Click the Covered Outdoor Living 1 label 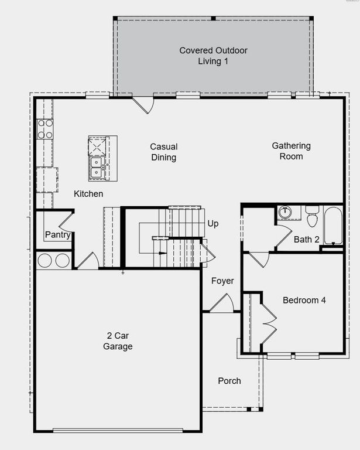tap(213, 56)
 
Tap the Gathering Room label tap(291, 151)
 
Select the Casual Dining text tap(163, 152)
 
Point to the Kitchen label tap(88, 194)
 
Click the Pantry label tap(57, 236)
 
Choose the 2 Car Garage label tap(118, 341)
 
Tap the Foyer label tap(222, 281)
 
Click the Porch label tap(229, 381)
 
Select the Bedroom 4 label tap(304, 301)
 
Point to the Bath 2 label tap(307, 239)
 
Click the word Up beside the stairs tap(213, 224)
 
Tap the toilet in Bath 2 tap(311, 217)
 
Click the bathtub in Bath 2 tap(334, 226)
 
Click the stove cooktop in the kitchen tap(45, 129)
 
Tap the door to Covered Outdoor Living tap(143, 104)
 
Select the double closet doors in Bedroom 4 tap(268, 324)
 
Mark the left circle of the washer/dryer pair tap(46, 260)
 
